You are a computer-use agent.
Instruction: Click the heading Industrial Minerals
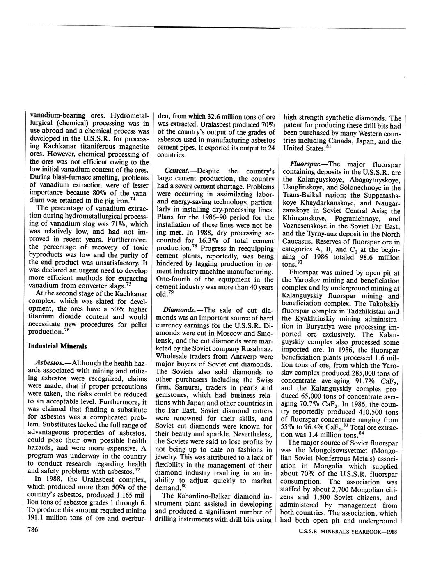coord(57,346)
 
